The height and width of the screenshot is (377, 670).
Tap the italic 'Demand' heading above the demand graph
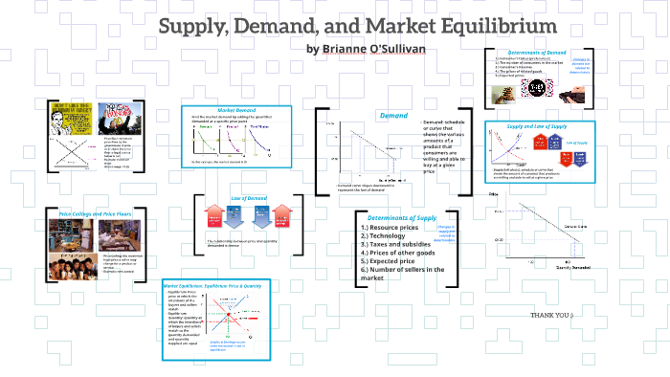(393, 116)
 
